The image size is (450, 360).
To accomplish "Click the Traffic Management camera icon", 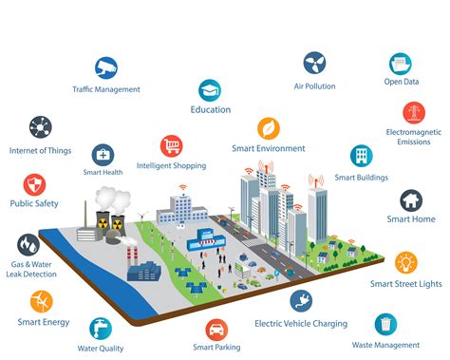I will (105, 68).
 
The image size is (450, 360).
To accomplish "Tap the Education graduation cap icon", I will (210, 89).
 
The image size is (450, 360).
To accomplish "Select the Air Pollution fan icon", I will (314, 64).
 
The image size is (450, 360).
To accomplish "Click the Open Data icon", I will (399, 65).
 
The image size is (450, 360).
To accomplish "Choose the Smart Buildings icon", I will (361, 156).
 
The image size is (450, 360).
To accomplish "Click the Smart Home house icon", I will (411, 199).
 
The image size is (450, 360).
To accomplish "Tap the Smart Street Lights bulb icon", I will (406, 262).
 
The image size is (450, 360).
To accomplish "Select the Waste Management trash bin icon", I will (385, 324).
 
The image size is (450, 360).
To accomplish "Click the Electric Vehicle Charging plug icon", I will (301, 301).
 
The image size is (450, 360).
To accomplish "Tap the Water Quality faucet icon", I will (101, 328).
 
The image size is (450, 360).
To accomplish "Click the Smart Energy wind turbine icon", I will (40, 301).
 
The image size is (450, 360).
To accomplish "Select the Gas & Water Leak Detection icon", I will (29, 244).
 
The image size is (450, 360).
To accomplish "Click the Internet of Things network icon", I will (41, 126).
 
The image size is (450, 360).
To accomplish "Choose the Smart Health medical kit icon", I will (103, 154).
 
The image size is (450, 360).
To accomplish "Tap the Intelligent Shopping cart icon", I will (172, 145).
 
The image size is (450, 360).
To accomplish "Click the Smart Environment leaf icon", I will (268, 128).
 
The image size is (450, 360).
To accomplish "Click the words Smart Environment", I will (269, 149).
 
